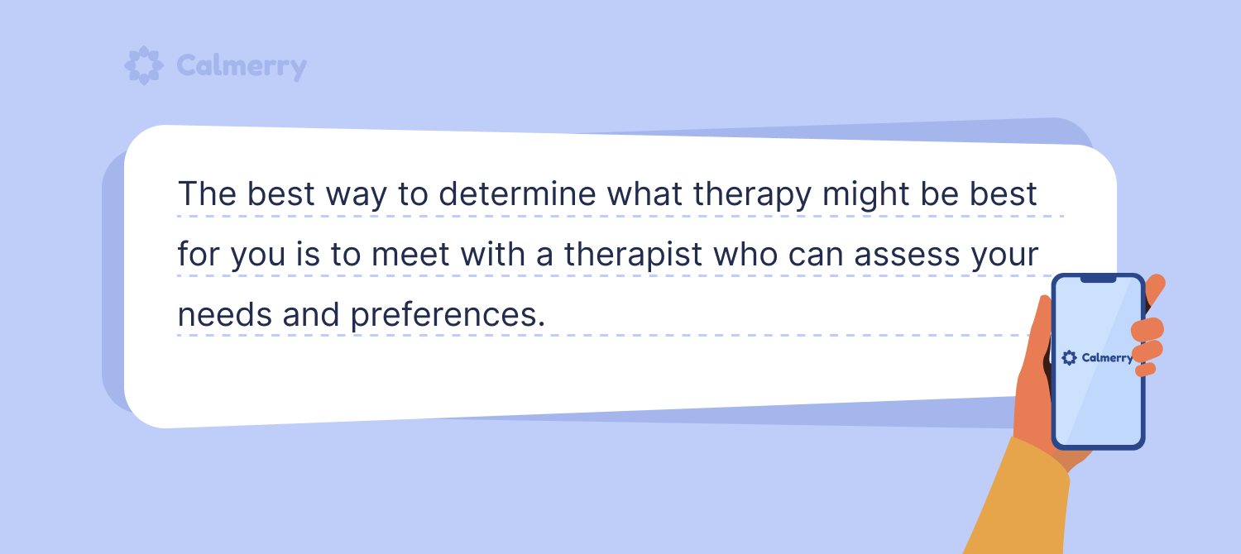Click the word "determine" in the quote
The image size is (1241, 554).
[x=517, y=193]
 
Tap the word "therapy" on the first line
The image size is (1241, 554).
[x=752, y=195]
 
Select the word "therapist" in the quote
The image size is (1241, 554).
[x=633, y=256]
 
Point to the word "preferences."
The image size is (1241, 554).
[x=448, y=316]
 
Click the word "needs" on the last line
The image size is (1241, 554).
[x=224, y=315]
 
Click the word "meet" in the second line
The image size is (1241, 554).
[x=410, y=256]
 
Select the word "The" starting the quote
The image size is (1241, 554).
[x=207, y=193]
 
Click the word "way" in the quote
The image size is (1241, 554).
[x=357, y=197]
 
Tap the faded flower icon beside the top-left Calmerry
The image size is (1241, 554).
[x=144, y=65]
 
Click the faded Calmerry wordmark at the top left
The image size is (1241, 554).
[x=242, y=66]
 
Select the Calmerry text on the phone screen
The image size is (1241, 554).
[x=1108, y=358]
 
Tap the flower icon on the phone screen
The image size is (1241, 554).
[x=1069, y=357]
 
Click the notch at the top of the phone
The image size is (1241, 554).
[x=1098, y=279]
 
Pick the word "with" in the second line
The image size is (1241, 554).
[x=493, y=255]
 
